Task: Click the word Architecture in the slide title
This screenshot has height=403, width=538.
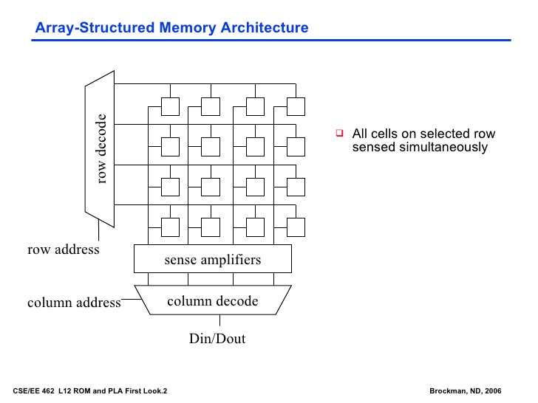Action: pyautogui.click(x=265, y=27)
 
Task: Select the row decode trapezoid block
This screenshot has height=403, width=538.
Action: pyautogui.click(x=100, y=149)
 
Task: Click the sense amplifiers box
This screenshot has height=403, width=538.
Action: pyautogui.click(x=213, y=259)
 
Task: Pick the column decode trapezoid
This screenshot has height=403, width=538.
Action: pyautogui.click(x=213, y=300)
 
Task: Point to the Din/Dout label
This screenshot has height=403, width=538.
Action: pyautogui.click(x=217, y=339)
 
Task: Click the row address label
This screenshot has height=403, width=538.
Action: pyautogui.click(x=64, y=249)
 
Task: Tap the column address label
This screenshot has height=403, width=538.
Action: pyautogui.click(x=74, y=303)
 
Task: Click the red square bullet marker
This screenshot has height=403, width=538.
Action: pyautogui.click(x=340, y=133)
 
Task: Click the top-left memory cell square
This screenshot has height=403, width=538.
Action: pyautogui.click(x=170, y=106)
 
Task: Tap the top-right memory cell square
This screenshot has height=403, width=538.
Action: pyautogui.click(x=296, y=106)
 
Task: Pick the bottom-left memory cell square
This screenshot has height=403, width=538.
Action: pyautogui.click(x=170, y=227)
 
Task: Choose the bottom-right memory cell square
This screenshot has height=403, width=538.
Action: pyautogui.click(x=296, y=227)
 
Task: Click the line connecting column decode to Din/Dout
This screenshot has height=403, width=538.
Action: pyautogui.click(x=219, y=320)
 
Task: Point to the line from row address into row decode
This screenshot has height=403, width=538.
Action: pyautogui.click(x=98, y=230)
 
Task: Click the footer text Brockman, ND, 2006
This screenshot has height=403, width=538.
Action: pyautogui.click(x=466, y=391)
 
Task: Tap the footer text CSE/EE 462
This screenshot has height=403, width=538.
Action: pyautogui.click(x=34, y=391)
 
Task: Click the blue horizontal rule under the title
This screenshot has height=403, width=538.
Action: pyautogui.click(x=271, y=40)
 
